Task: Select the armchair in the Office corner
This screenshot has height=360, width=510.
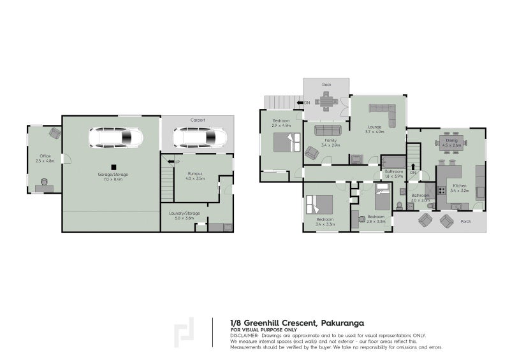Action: tap(55, 133)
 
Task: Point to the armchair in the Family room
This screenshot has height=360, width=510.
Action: tap(312, 153)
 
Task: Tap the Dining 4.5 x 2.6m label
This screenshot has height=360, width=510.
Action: tap(451, 143)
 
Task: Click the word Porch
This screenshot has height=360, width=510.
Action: tap(467, 222)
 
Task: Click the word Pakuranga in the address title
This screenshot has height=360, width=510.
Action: tap(344, 322)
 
